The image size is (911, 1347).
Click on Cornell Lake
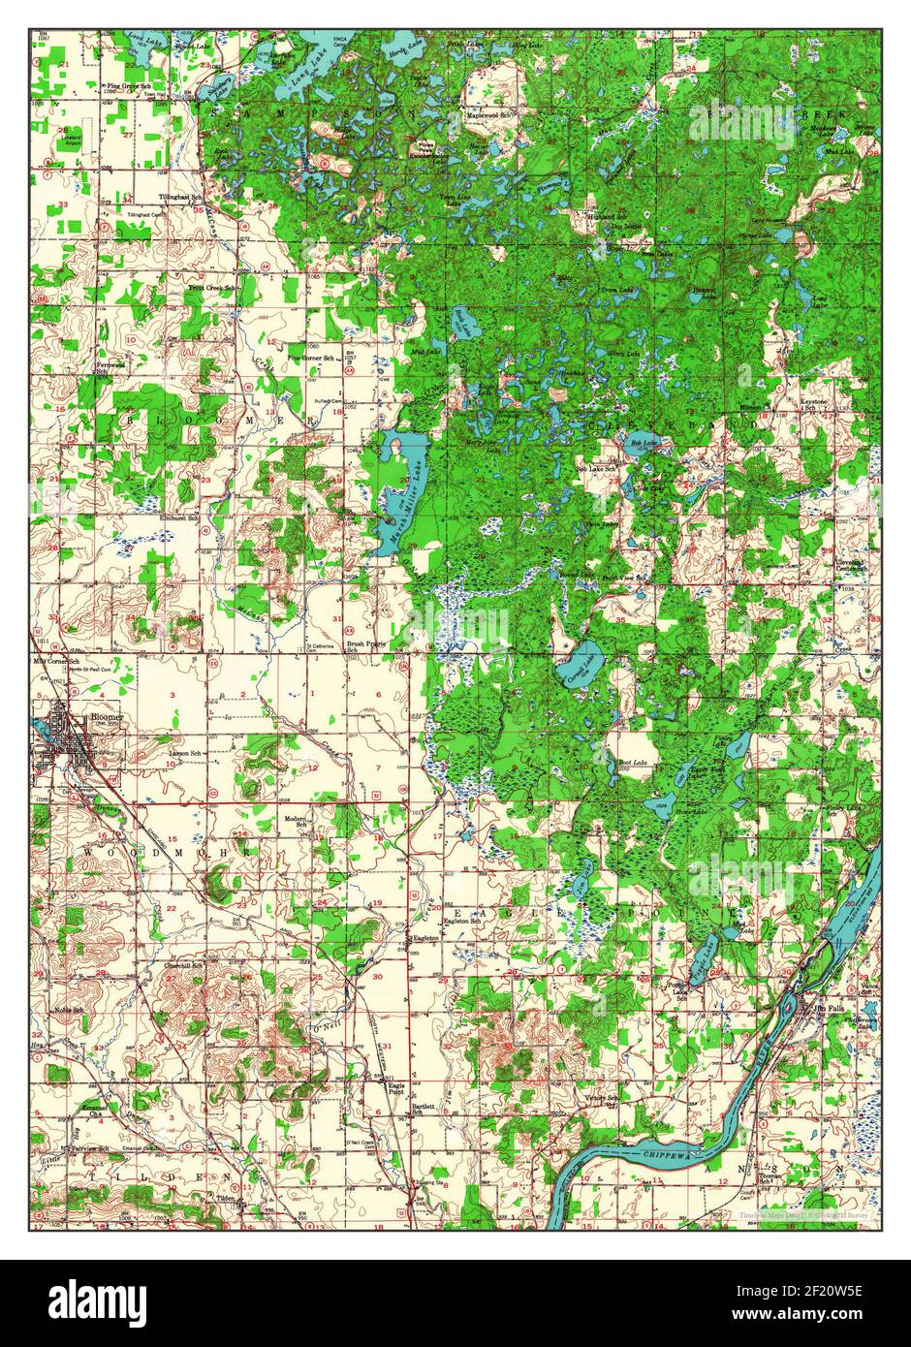pos(581,666)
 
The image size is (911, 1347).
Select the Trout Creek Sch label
pos(211,289)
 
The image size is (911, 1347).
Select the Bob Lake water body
pos(643,447)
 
